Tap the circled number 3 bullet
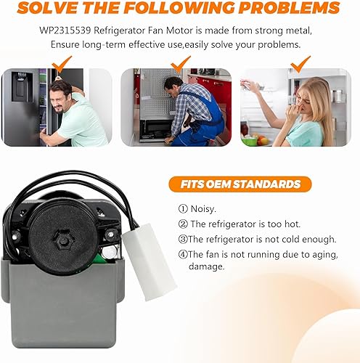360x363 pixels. [x=183, y=239]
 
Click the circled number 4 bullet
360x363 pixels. [x=183, y=254]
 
